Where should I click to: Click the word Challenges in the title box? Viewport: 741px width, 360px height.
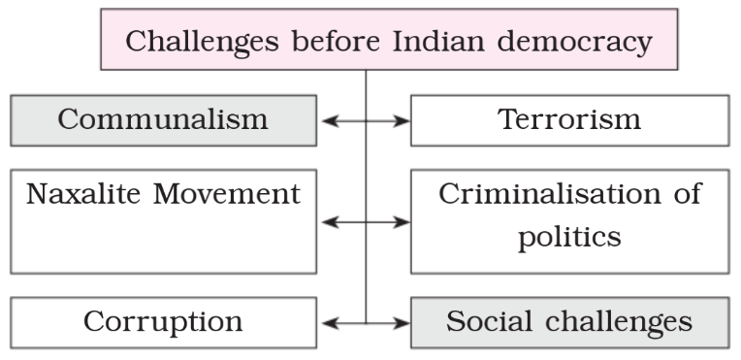click(202, 42)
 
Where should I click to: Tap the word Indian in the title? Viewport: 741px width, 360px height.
click(439, 41)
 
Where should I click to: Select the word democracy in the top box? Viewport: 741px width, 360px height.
click(575, 43)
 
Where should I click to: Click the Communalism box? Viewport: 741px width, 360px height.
click(164, 120)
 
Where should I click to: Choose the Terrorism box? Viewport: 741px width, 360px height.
click(570, 120)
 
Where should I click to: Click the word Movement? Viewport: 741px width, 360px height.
click(227, 193)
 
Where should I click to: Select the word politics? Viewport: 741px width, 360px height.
click(570, 237)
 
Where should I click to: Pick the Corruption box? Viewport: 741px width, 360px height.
click(164, 322)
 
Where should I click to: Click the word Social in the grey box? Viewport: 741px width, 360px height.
click(489, 321)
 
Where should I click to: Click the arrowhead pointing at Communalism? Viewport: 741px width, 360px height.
click(330, 121)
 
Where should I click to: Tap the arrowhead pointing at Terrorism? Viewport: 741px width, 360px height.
click(402, 121)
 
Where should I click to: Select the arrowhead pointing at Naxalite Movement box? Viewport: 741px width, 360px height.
click(330, 222)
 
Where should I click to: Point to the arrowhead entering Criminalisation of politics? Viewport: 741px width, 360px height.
click(402, 222)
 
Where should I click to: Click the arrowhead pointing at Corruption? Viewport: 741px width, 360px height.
click(330, 323)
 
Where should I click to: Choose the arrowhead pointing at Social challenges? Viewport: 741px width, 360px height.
click(402, 323)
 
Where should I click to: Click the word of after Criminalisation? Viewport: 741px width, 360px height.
click(688, 193)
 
